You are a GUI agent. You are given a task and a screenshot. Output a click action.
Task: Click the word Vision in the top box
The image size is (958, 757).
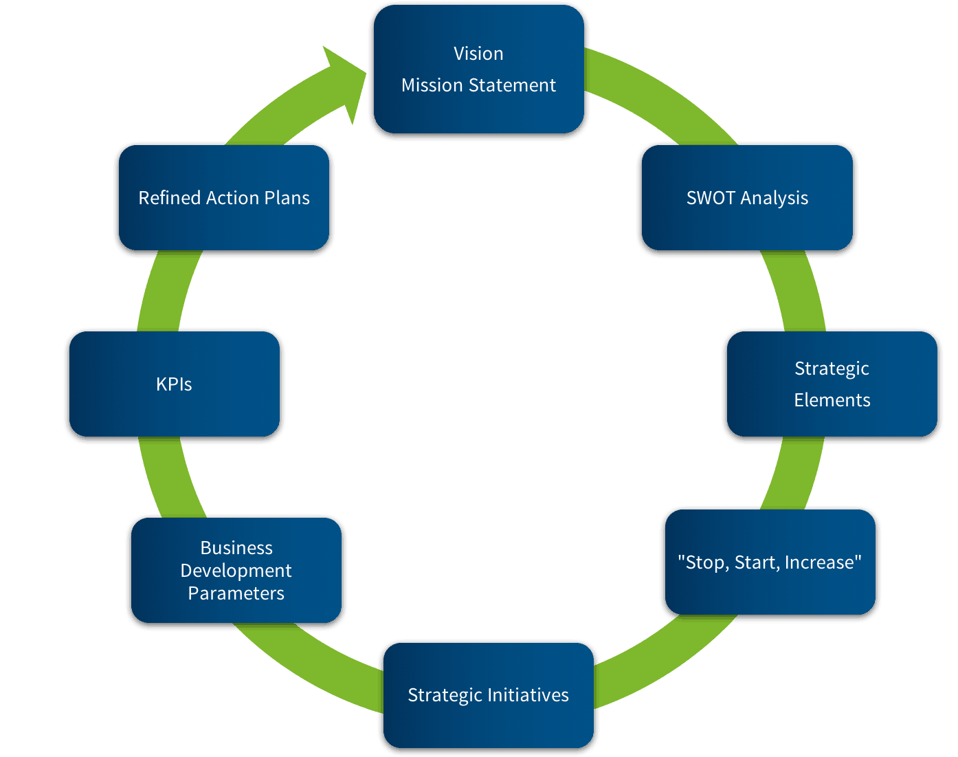(x=478, y=54)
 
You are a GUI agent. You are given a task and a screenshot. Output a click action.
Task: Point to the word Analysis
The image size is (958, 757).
(x=775, y=199)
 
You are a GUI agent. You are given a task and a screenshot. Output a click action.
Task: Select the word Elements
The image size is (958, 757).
(x=832, y=400)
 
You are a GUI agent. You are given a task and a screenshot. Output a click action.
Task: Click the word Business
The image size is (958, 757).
(x=236, y=548)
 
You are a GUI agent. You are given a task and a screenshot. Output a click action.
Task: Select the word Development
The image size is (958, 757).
(x=236, y=571)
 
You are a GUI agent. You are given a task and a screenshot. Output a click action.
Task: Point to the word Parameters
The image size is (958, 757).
(x=236, y=593)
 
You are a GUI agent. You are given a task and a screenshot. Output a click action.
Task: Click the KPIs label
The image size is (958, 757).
(x=174, y=384)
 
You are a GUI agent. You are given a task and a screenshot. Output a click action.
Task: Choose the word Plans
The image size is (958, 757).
(x=287, y=198)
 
